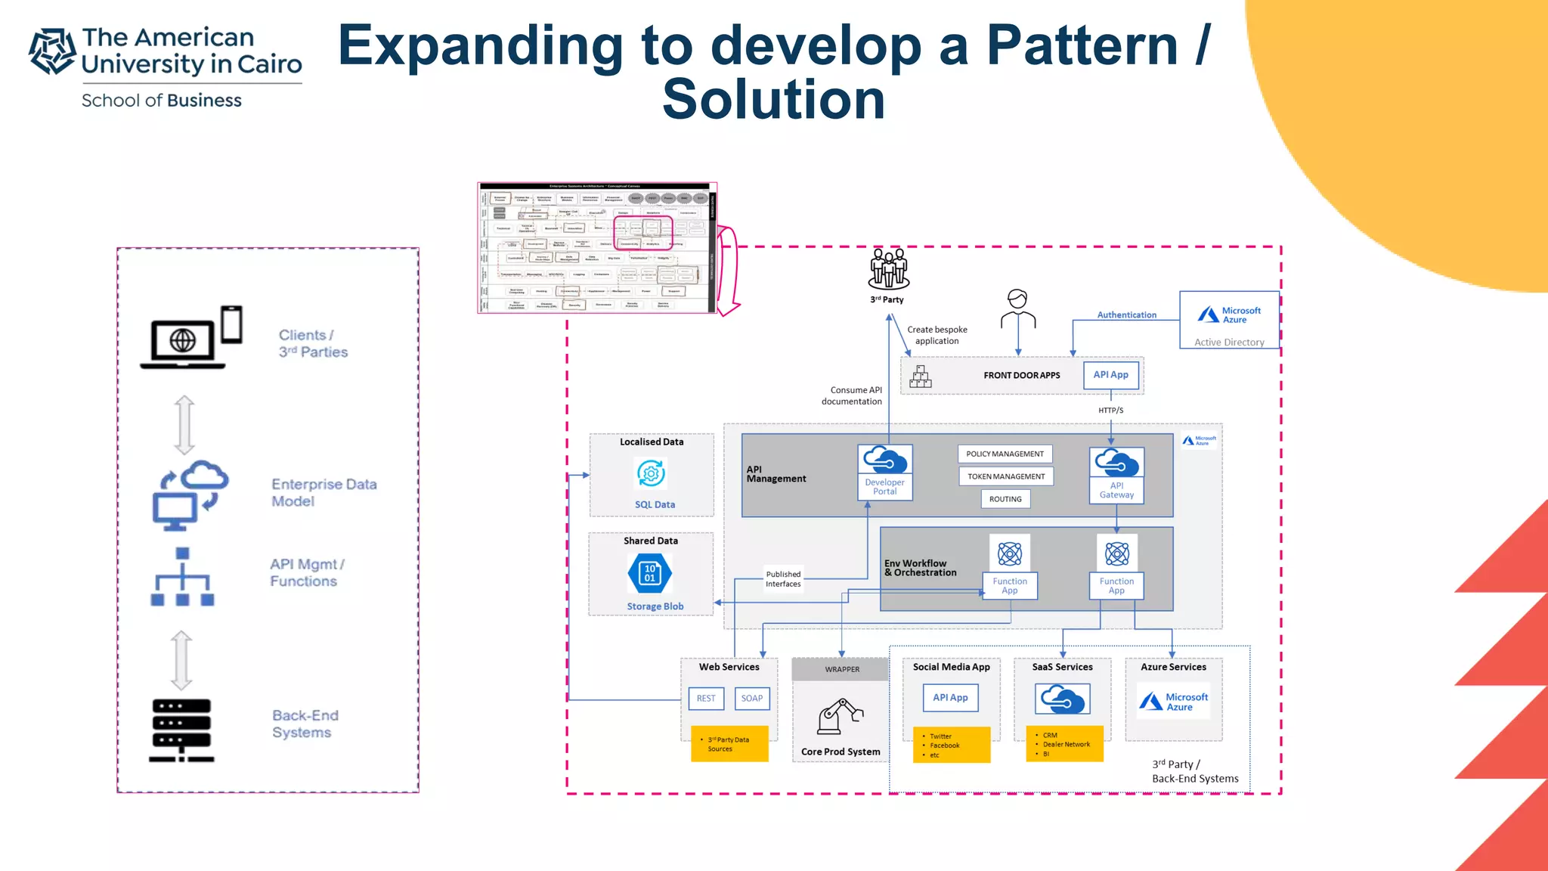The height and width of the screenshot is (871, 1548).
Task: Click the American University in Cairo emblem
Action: (52, 51)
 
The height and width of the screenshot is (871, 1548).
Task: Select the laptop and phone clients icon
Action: (191, 337)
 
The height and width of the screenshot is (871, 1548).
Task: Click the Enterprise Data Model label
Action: (324, 492)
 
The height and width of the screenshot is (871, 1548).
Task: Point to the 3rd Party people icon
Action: (888, 269)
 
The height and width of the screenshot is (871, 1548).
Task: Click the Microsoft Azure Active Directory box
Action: (1229, 320)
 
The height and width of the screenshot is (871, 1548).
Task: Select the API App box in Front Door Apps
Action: (1110, 375)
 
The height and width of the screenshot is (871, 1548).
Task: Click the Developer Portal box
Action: (885, 473)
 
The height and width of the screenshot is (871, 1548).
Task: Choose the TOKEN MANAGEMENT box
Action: (1006, 476)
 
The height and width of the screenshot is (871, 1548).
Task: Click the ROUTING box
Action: (1005, 499)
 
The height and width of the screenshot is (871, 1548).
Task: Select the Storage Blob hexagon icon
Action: (649, 574)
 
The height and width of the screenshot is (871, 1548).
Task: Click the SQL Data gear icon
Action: (651, 474)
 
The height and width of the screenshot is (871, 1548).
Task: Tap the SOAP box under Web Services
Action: (752, 699)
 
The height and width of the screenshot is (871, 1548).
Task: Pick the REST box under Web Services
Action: (706, 699)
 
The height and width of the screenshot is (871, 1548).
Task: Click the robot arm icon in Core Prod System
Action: (840, 715)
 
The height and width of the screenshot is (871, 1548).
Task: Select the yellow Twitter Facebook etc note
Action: (951, 745)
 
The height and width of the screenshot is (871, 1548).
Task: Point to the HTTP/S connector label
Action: (1110, 411)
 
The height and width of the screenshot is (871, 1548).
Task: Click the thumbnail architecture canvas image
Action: (596, 248)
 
